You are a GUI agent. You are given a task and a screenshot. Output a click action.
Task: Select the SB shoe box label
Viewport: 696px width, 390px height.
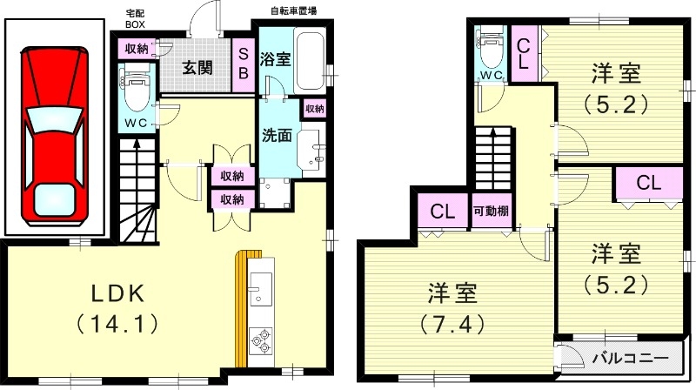[x=244, y=65]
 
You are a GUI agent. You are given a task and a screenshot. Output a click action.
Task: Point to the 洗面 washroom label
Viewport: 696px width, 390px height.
[x=278, y=137]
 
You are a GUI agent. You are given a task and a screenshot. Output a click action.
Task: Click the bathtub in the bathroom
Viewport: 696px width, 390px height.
[x=311, y=59]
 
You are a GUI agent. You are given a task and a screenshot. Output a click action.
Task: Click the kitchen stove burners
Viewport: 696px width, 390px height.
[x=260, y=342]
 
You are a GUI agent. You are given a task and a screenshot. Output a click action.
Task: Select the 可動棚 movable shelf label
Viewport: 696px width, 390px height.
[x=491, y=212]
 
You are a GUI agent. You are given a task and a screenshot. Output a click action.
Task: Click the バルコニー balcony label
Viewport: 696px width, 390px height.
[x=629, y=358]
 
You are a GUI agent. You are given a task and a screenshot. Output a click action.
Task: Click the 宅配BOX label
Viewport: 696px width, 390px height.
[x=135, y=19]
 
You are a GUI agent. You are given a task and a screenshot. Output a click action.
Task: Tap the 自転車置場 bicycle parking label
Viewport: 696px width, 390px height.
[x=293, y=11]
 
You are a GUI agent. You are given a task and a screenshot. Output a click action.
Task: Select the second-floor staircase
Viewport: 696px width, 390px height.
[x=492, y=158]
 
